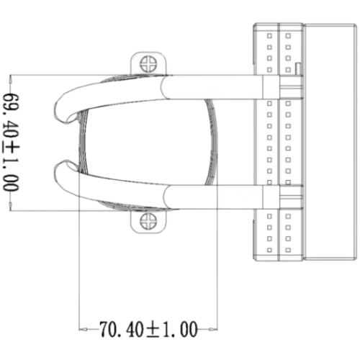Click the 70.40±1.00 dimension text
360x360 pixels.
pos(148,329)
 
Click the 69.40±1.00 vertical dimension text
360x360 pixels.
pos(11,143)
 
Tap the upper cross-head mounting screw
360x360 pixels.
pos(148,64)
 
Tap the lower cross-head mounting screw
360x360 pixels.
pos(148,221)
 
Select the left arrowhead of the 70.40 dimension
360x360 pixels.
pos(83,329)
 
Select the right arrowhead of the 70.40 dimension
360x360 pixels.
pos(214,329)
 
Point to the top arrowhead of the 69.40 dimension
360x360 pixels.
pos(10,80)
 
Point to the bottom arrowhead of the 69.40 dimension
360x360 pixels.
pos(10,206)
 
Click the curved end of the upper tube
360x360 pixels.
pos(63,103)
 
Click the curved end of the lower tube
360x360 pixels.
pos(63,181)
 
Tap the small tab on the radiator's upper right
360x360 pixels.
pos(298,69)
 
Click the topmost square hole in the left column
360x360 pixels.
pos(269,36)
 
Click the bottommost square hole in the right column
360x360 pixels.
pos(288,250)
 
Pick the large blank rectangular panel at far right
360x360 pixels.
pos(330,142)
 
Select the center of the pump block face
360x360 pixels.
pos(148,142)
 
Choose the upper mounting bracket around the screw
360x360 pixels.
pos(148,63)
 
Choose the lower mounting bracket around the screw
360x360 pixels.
pos(148,222)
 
